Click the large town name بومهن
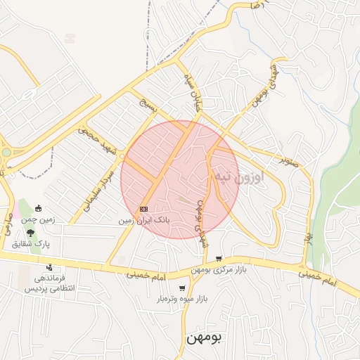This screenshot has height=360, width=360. pos(204,338)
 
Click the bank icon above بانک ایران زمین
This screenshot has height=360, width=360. pos(144,209)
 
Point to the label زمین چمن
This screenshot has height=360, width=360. pos(38,220)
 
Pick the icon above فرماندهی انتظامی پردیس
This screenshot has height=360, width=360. pos(49,267)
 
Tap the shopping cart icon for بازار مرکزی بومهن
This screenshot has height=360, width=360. pos(219,259)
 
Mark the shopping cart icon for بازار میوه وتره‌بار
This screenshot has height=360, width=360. pos(183,288)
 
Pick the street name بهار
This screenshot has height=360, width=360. pos(307,238)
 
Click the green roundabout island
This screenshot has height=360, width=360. pos(6,152)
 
